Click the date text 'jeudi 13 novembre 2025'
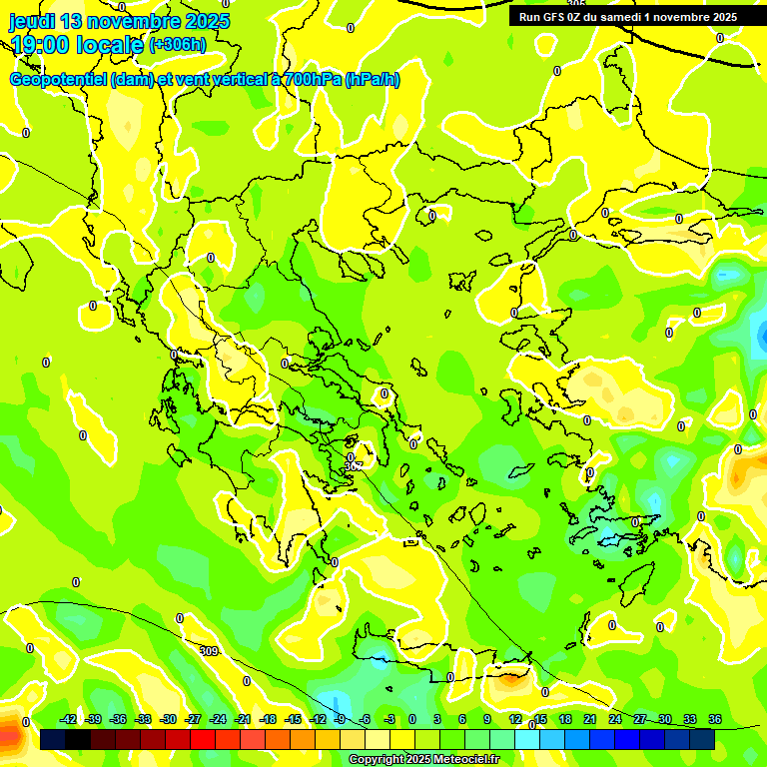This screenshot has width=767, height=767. click(x=120, y=21)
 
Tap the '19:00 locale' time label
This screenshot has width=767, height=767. click(x=77, y=44)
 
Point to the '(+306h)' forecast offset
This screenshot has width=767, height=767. click(x=178, y=44)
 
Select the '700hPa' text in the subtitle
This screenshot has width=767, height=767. click(x=312, y=80)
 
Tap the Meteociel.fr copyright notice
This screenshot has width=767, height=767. click(x=422, y=759)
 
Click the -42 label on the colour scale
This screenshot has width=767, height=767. click(x=68, y=719)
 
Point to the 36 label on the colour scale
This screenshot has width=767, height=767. click(x=715, y=719)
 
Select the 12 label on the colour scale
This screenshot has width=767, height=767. click(x=515, y=719)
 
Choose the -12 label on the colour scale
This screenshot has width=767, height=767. click(x=318, y=719)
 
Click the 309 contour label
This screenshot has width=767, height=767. click(x=208, y=651)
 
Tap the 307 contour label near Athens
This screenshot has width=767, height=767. click(x=353, y=464)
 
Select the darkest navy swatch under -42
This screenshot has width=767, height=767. click(x=53, y=739)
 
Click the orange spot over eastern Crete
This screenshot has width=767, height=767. click(x=511, y=680)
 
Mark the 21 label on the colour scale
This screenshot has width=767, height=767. click(x=590, y=719)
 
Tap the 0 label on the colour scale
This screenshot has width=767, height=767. click(x=412, y=719)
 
